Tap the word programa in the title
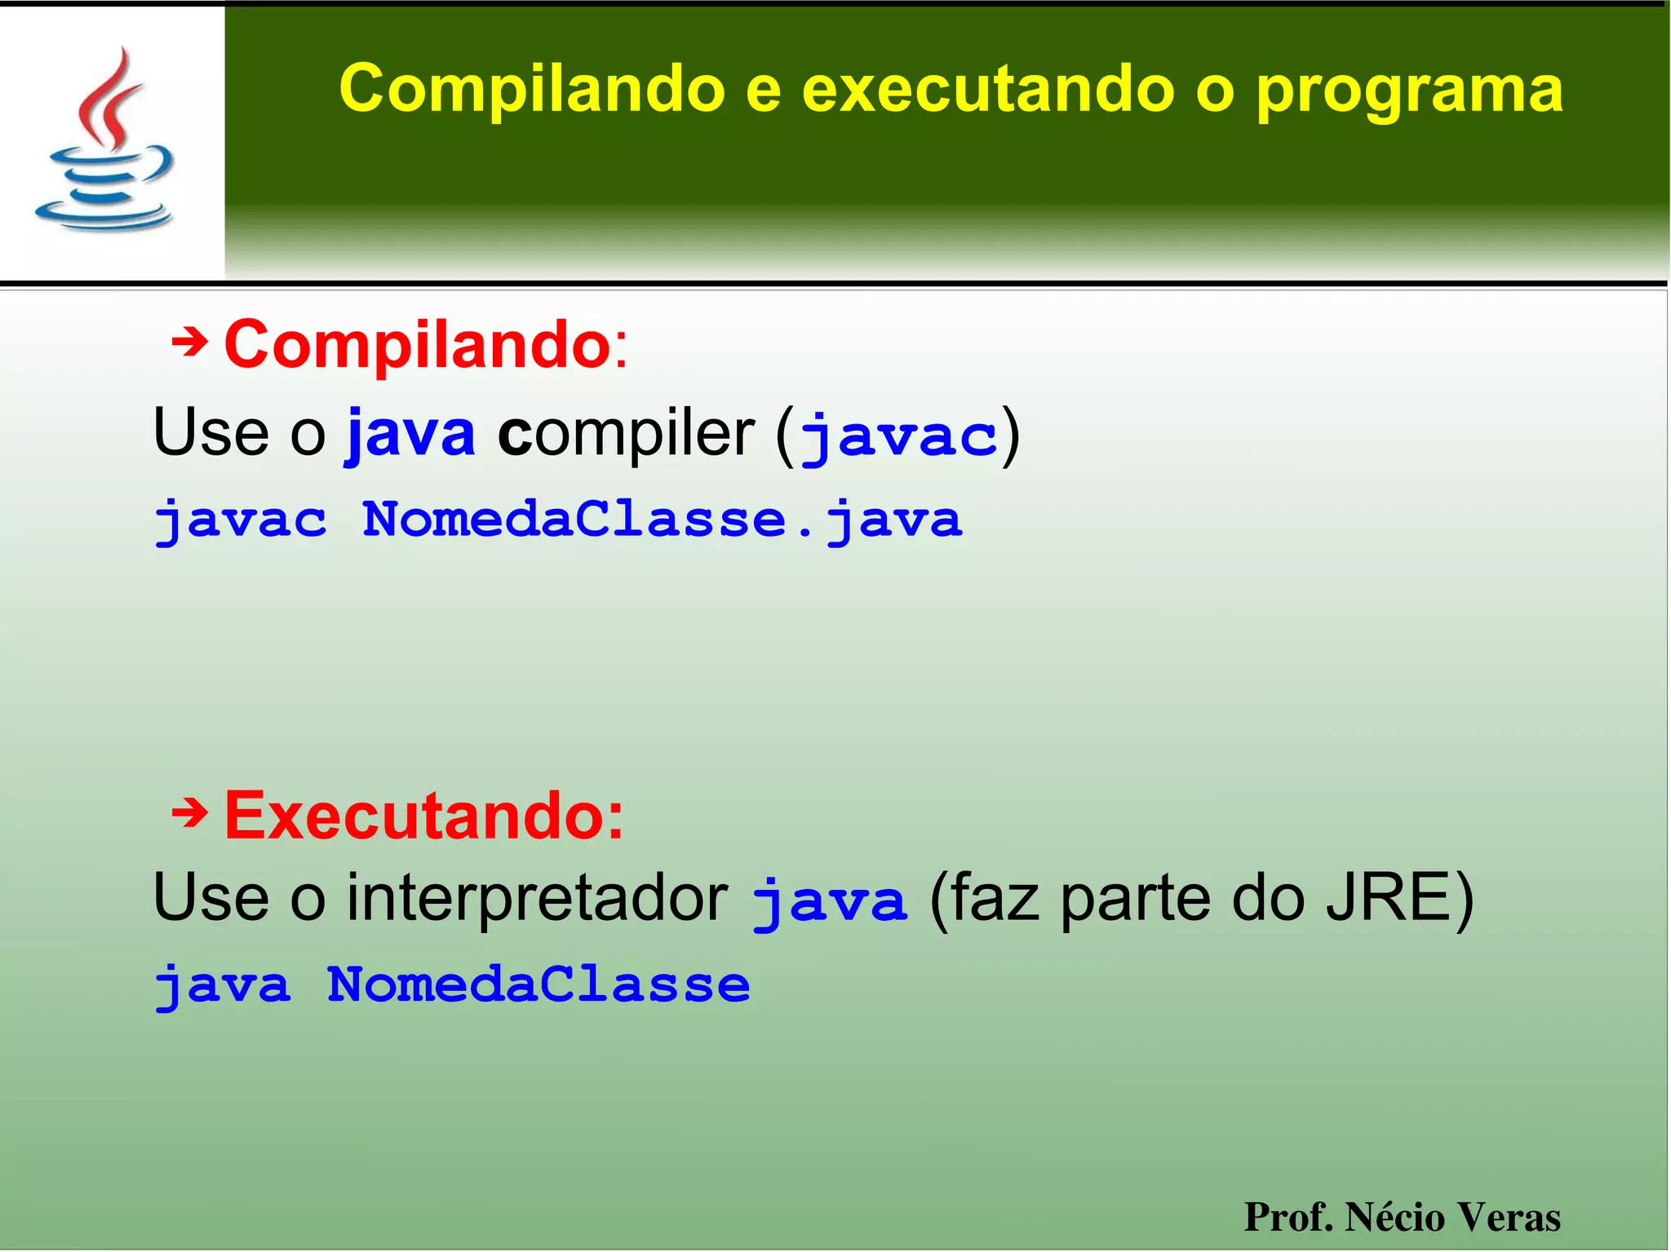[1408, 90]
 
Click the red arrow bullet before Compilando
[189, 343]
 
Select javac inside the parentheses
[898, 436]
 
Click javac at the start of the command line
[241, 520]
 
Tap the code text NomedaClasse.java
[662, 520]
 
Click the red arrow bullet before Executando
[189, 812]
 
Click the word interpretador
[537, 897]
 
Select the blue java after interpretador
[828, 901]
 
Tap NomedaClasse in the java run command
[538, 984]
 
